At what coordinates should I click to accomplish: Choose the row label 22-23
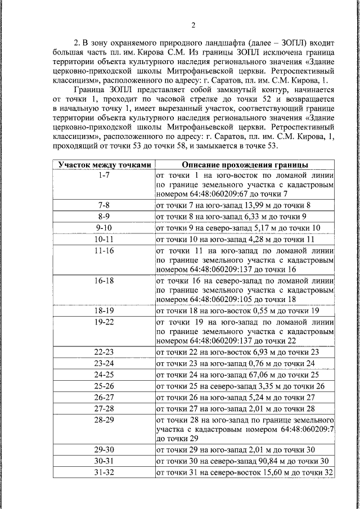click(103, 352)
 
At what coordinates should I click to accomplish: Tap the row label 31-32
click(103, 472)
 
